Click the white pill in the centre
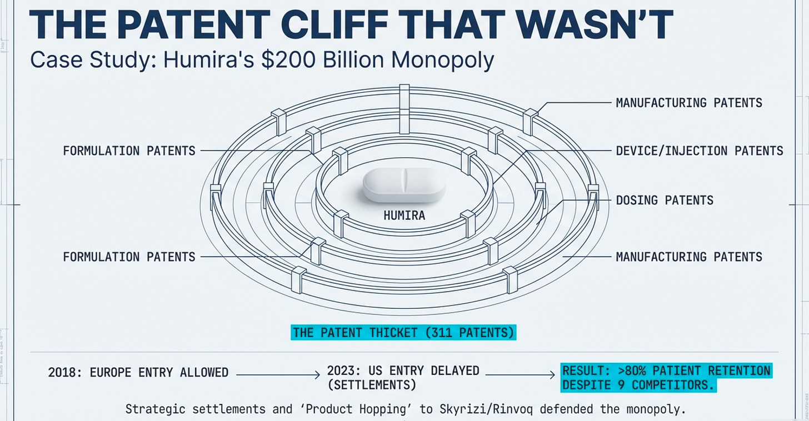404,185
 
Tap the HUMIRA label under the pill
404,215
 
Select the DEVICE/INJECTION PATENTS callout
700,151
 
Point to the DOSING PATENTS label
665,200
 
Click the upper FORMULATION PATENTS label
129,151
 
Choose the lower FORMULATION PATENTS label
129,257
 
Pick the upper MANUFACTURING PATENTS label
689,103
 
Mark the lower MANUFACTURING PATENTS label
689,257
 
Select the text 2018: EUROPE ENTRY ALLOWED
138,372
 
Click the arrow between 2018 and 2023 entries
278,375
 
